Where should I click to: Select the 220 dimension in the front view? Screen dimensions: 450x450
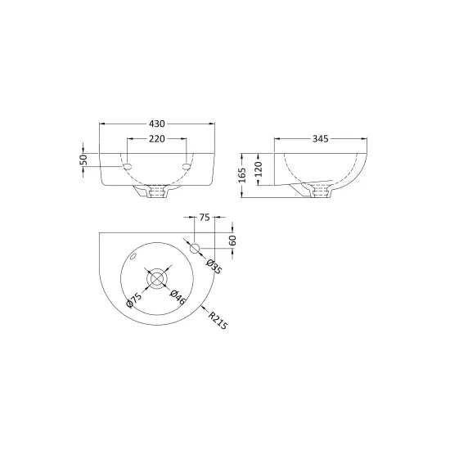tap(157, 139)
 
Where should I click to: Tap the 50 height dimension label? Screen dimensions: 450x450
tap(83, 160)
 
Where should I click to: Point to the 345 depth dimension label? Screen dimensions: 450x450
tap(319, 139)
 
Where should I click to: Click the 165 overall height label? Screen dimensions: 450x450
tap(243, 174)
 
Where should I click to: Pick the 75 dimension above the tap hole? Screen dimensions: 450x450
tap(205, 218)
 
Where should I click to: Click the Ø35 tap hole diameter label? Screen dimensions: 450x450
tap(211, 267)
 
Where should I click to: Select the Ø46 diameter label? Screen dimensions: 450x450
tap(176, 298)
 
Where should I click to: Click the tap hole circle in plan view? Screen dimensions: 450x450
tap(196, 248)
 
